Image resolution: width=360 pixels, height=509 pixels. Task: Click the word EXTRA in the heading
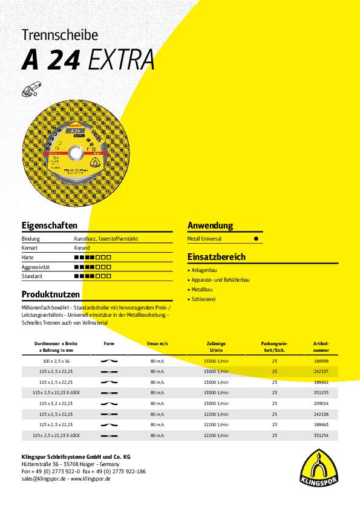(121, 60)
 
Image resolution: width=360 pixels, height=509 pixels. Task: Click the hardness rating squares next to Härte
(93, 258)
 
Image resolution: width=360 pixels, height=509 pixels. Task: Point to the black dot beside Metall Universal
(256, 239)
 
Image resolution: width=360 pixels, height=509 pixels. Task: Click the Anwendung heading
(210, 225)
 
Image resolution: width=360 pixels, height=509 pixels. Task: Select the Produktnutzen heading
(51, 294)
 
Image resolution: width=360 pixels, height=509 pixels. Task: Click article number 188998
(321, 361)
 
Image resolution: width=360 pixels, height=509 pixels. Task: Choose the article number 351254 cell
(321, 435)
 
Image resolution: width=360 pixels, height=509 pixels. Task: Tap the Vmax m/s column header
(157, 343)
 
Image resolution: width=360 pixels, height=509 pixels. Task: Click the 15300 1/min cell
(219, 361)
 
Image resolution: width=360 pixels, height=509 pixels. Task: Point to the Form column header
(109, 343)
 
